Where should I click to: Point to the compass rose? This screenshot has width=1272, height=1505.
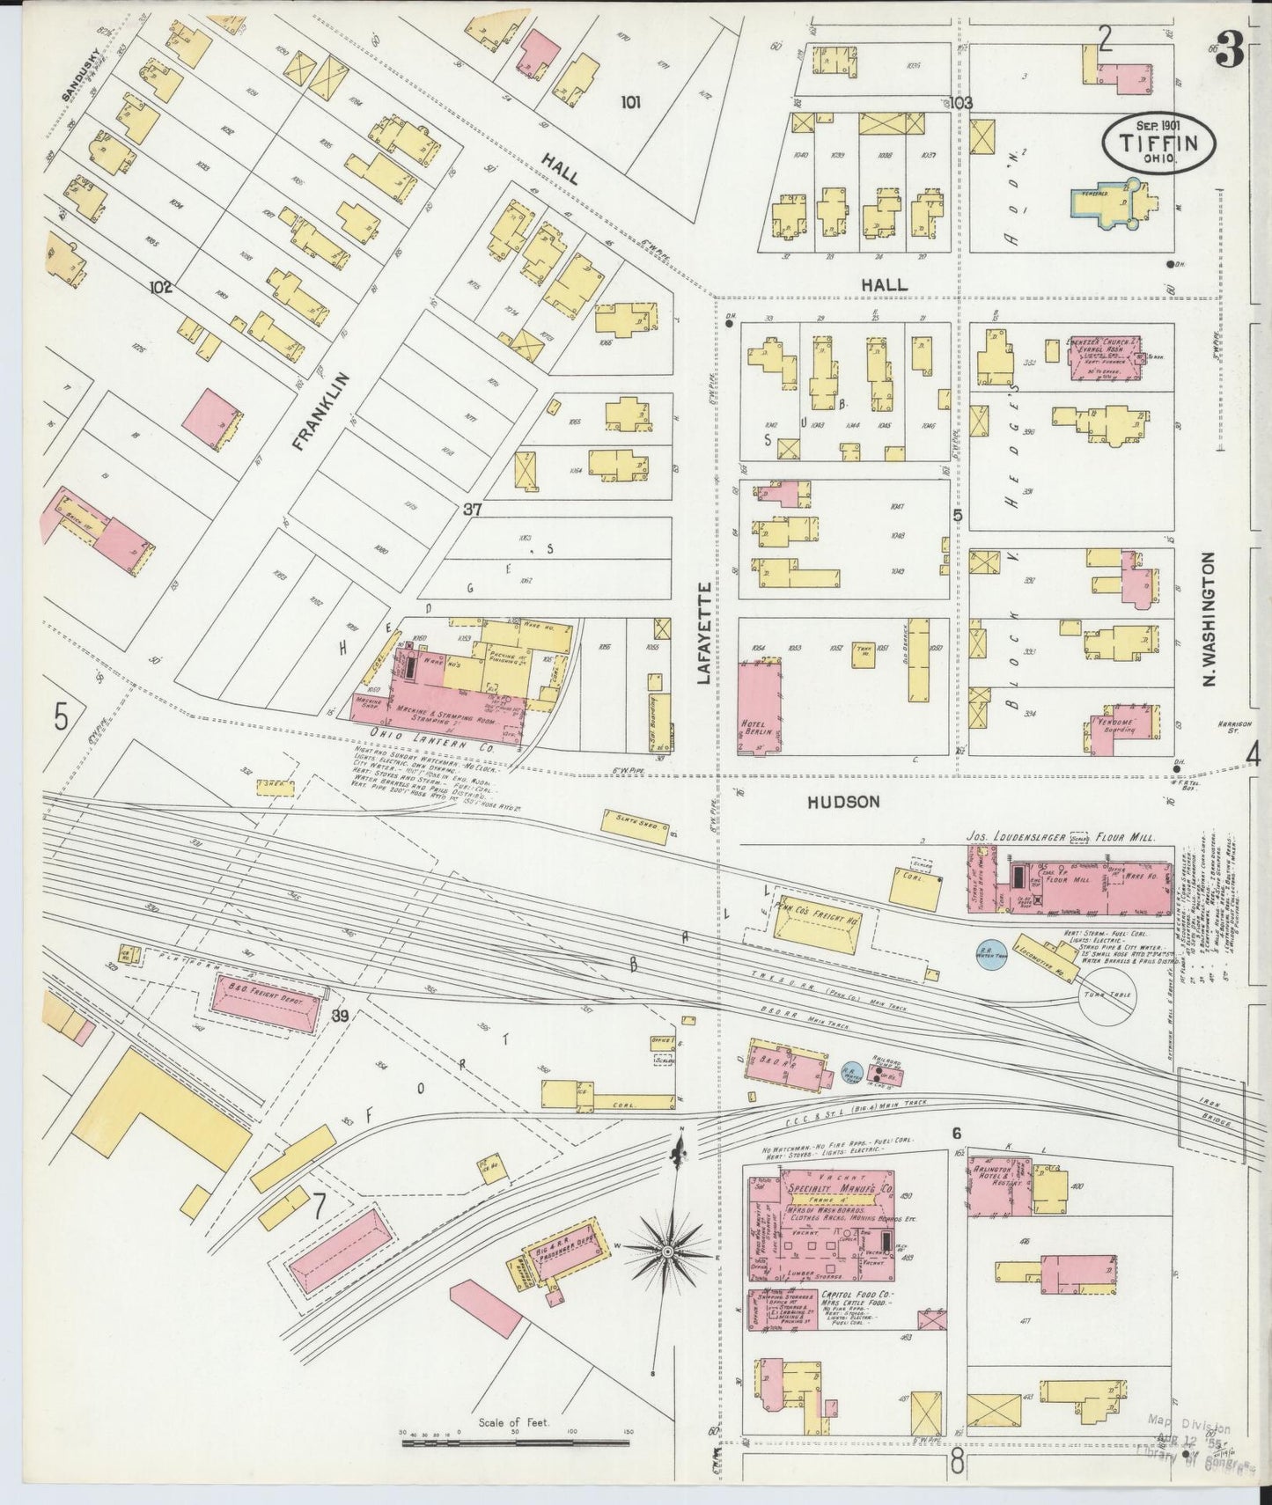tap(667, 1250)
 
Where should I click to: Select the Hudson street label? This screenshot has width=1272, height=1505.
tap(843, 802)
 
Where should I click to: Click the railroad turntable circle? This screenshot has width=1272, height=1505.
tap(1107, 996)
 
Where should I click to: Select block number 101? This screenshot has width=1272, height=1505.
tap(629, 102)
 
